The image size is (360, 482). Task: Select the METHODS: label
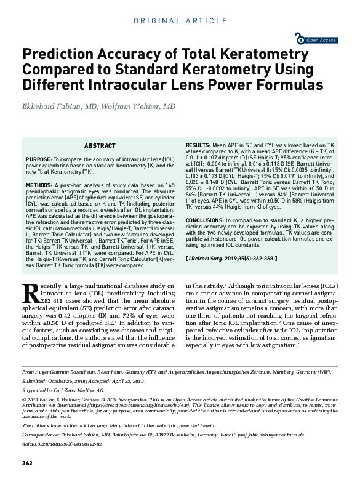[x=40, y=185]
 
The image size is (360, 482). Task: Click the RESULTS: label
[x=198, y=143]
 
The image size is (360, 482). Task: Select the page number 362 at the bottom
[x=27, y=463]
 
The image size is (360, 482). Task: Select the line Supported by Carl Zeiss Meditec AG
[x=63, y=391]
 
